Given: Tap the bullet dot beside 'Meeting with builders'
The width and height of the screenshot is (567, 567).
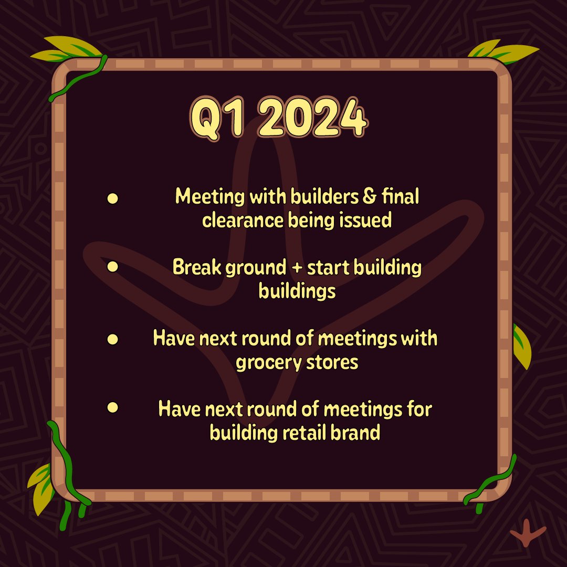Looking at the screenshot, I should pos(112,198).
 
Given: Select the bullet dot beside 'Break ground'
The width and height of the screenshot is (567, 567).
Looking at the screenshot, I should pos(112,267).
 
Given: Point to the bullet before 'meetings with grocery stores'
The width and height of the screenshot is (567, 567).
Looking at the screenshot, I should pos(112,339).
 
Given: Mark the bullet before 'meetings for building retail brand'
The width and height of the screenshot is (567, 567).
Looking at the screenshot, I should pos(112,407).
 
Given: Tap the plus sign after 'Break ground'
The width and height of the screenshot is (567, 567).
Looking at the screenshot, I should pos(295,268).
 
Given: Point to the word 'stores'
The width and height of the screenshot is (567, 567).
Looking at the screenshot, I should pos(332,363).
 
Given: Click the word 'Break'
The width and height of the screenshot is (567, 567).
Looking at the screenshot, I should pos(197,268).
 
